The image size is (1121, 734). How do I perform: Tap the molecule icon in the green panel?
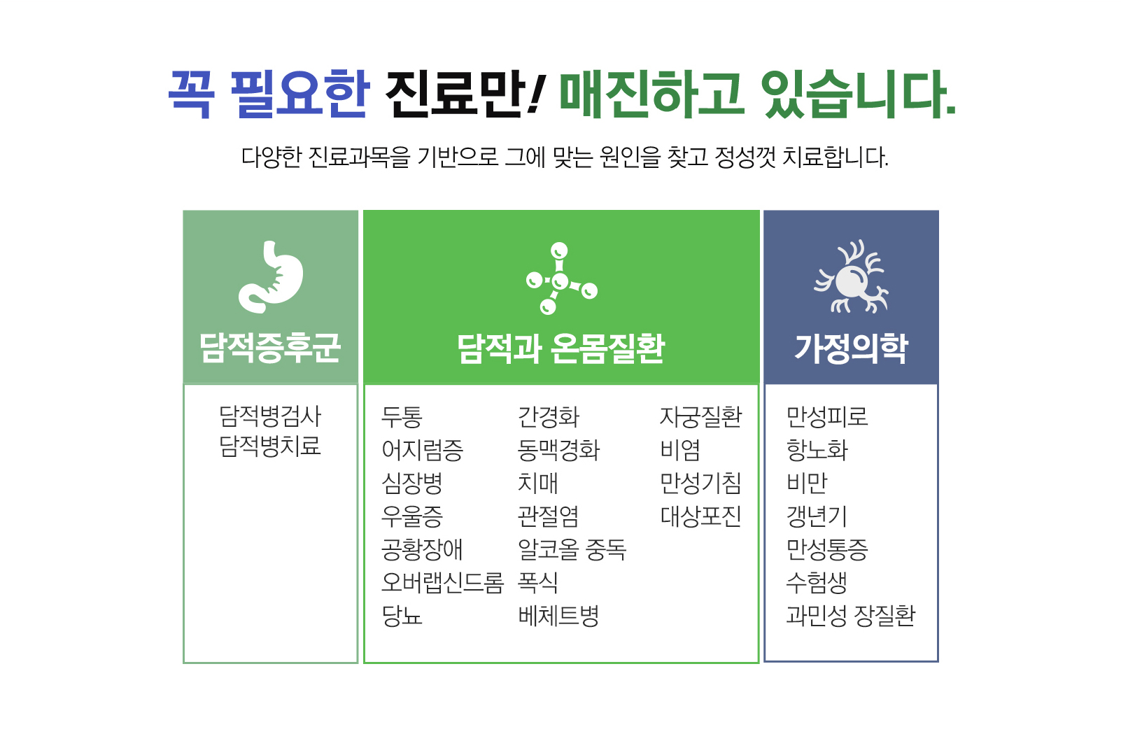(561, 278)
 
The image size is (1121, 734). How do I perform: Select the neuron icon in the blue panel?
(851, 278)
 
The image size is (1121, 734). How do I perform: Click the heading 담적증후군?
(270, 348)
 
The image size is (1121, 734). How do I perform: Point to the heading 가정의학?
(851, 348)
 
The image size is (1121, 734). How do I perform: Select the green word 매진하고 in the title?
(652, 94)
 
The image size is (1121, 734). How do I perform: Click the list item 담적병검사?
(270, 416)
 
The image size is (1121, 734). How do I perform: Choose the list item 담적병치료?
(270, 446)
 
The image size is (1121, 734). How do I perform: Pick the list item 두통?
(402, 417)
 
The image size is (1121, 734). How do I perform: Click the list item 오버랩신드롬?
(442, 582)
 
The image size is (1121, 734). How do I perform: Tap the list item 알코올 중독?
(572, 549)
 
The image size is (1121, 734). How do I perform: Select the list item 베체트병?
(558, 616)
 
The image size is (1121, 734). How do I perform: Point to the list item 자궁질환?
(700, 417)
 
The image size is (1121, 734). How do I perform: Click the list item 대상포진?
(700, 516)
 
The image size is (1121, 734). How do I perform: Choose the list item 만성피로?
(827, 417)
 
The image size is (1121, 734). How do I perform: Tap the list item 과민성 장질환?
(851, 616)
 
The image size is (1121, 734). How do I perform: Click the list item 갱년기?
(817, 516)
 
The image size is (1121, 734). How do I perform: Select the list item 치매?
(538, 483)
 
